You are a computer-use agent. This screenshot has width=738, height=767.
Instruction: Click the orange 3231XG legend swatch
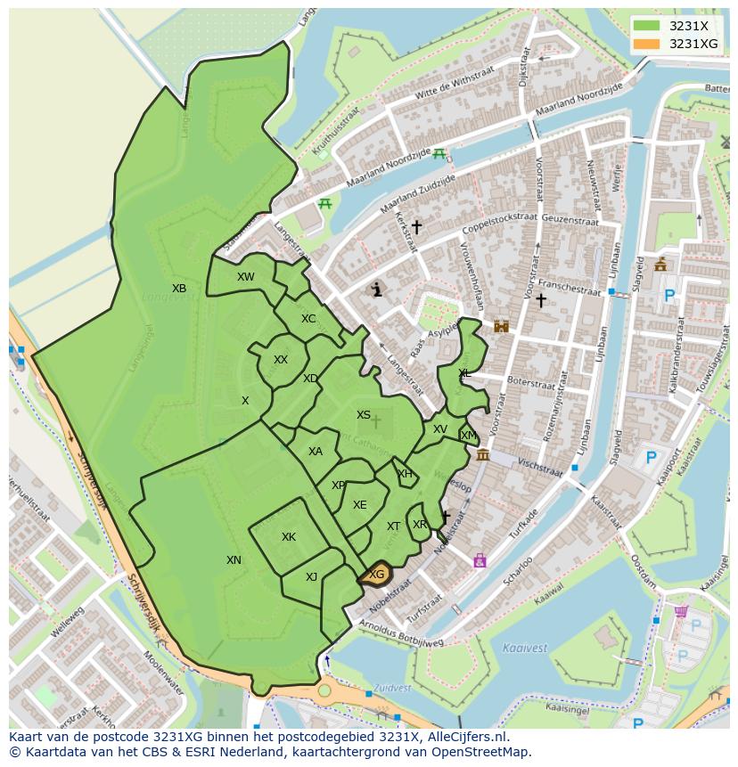647,44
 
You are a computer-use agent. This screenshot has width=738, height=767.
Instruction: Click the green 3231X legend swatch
647,26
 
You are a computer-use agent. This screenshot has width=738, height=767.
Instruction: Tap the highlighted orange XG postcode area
377,575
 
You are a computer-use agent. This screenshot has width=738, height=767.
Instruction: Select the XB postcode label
179,288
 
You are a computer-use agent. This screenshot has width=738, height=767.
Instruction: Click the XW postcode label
245,277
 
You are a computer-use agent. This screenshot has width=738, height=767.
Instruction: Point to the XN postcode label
234,560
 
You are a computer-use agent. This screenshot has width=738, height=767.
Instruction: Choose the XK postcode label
288,537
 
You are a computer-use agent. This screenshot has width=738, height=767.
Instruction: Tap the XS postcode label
364,415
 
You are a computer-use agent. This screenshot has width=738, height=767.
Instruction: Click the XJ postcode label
311,577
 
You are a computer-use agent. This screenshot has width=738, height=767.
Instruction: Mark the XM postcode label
468,436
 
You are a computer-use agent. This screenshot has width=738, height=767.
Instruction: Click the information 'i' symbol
377,290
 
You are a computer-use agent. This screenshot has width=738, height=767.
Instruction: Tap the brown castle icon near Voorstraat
501,326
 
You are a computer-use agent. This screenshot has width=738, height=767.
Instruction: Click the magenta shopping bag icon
480,560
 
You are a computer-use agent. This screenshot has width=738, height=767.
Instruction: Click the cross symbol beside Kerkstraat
416,227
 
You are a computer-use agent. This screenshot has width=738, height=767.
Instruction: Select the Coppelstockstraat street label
500,224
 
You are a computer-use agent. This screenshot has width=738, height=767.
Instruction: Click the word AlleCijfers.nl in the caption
464,737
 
